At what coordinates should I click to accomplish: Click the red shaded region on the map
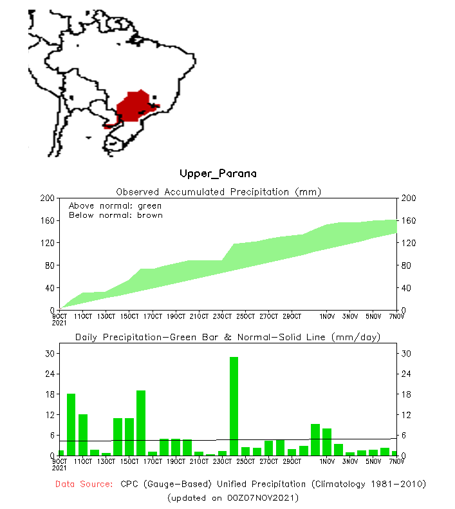tap(134, 106)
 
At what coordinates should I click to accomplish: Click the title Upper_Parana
tap(218, 173)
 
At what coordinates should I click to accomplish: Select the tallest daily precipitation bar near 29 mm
tap(234, 406)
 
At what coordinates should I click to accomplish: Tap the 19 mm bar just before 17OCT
tap(141, 423)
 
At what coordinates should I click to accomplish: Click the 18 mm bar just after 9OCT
tap(71, 424)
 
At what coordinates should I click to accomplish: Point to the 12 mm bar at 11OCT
tap(83, 434)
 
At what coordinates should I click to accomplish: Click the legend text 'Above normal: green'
tap(115, 206)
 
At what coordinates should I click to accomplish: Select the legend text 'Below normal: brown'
tap(116, 215)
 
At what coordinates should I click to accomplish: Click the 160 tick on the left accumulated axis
tap(46, 220)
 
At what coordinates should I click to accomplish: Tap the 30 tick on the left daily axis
tap(49, 354)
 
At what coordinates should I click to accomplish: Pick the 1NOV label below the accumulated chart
tap(326, 316)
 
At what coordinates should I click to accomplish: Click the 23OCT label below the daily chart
tap(222, 461)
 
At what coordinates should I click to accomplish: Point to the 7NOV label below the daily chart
tap(396, 461)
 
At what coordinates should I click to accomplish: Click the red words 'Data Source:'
tap(84, 484)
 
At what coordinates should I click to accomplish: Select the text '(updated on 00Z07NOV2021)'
tap(233, 498)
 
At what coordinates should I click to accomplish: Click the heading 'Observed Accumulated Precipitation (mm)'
tap(218, 191)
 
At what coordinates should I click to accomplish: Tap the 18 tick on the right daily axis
tap(405, 394)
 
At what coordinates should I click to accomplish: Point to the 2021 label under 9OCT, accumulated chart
tap(59, 323)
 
